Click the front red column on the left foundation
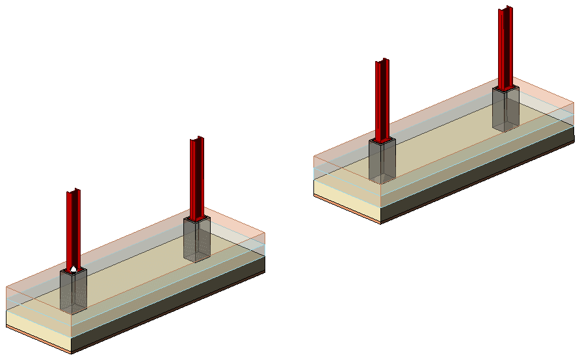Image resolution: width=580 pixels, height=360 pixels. point(73,227)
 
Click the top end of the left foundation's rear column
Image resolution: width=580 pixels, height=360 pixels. point(197,139)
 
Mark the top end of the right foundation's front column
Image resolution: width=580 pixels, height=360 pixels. point(382,61)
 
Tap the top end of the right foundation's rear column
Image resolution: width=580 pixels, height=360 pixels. point(506,9)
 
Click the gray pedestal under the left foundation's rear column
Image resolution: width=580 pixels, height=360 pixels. point(197,239)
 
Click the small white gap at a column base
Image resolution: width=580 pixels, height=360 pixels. point(75,268)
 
